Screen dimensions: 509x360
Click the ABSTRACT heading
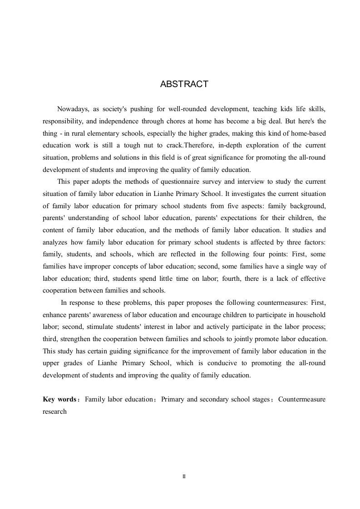tap(184, 84)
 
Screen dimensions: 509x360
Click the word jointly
tap(252, 339)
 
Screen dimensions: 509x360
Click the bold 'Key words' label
tap(59, 399)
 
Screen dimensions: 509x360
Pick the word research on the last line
tap(54, 411)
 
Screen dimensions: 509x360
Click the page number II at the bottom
tap(184, 477)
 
